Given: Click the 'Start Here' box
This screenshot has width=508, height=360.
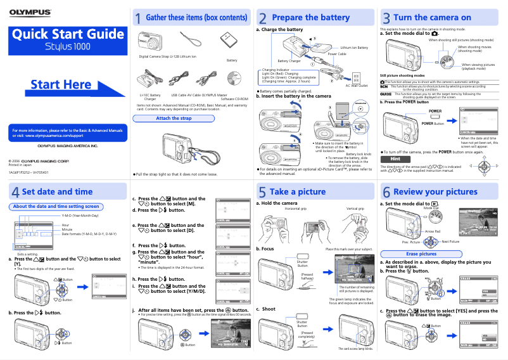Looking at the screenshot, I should click(x=61, y=85).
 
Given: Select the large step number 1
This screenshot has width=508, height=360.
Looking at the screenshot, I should click(x=137, y=18).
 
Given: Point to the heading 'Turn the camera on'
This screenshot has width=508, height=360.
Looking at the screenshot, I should click(x=432, y=18).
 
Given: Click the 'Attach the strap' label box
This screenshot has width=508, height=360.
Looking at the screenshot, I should click(x=174, y=119).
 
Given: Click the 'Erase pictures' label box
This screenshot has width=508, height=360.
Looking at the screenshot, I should click(x=421, y=254).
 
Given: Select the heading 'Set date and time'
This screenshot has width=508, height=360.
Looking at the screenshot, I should click(x=57, y=191).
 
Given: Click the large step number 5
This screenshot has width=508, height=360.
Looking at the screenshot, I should click(x=262, y=192).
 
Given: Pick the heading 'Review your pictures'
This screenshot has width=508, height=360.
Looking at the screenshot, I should click(x=435, y=191).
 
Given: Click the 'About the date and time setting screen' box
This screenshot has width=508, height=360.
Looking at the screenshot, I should click(x=56, y=207).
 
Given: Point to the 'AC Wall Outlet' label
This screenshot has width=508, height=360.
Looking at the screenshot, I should click(x=357, y=86).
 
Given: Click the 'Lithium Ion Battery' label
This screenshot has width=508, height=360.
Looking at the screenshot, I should click(x=354, y=48).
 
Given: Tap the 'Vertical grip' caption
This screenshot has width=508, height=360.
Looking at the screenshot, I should click(x=355, y=209).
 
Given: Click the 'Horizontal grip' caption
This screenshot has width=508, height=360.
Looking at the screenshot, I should click(x=296, y=209).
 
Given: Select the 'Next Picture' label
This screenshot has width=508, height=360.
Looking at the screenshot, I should click(x=450, y=241).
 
